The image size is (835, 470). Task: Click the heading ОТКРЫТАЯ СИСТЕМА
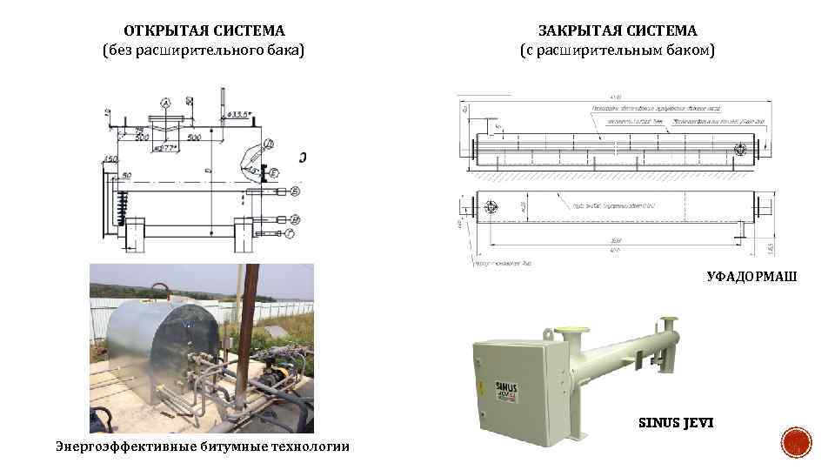click(204, 30)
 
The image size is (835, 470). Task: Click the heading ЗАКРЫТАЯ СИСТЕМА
click(618, 30)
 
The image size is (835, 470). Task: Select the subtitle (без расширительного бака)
click(204, 50)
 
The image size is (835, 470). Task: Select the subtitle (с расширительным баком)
click(618, 50)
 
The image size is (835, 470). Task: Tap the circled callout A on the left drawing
click(165, 102)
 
